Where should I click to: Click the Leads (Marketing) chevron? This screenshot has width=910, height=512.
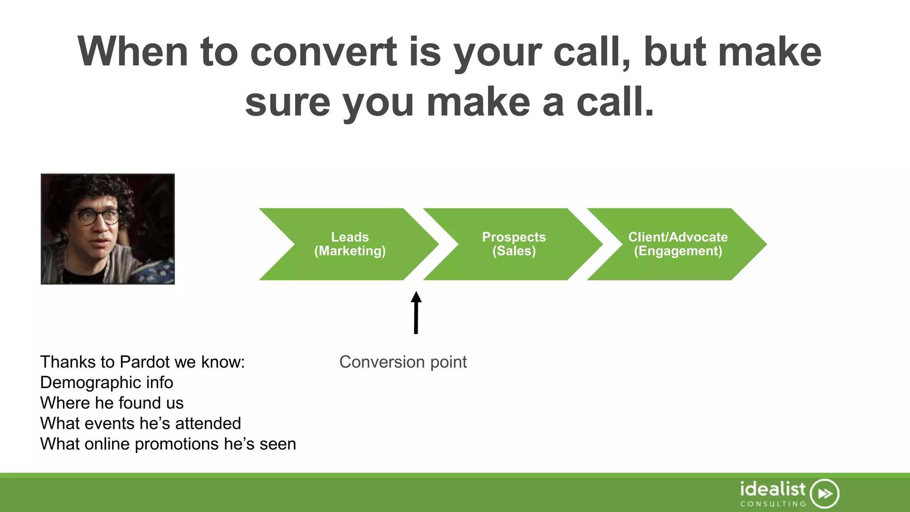point(350,244)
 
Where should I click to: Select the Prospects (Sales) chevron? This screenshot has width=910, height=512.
point(514,244)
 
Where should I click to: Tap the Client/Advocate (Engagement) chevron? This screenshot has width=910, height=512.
point(678,244)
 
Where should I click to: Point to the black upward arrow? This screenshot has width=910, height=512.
point(416,313)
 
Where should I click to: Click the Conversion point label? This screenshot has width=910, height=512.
point(403,362)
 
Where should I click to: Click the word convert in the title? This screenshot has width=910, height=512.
point(323,52)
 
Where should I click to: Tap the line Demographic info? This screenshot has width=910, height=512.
point(107,383)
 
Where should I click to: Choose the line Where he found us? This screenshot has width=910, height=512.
point(112,403)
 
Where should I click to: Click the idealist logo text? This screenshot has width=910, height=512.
point(772,489)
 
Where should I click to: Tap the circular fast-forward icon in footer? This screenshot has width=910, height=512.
point(824,493)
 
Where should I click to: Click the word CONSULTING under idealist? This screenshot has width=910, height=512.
point(773,504)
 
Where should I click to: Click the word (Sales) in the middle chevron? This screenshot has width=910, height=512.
point(514,251)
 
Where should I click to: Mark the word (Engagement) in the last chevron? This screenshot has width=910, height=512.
point(678,251)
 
